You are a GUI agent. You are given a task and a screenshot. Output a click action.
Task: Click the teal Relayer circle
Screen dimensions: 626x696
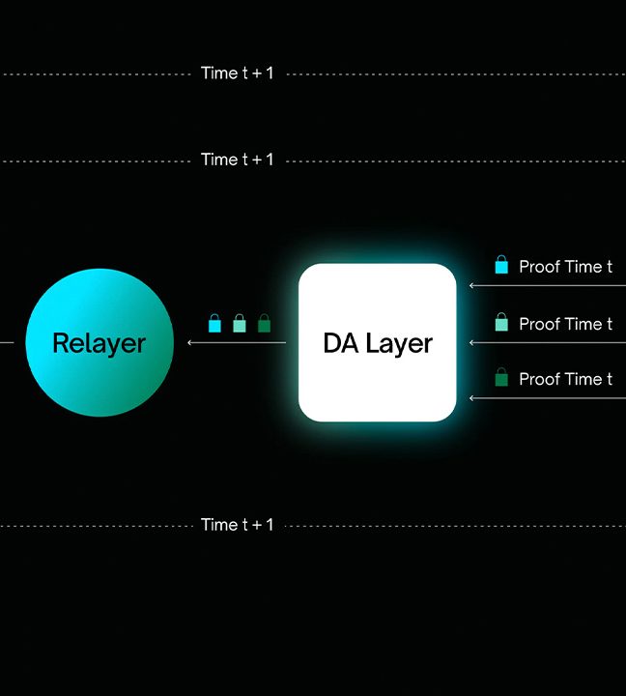[100, 342]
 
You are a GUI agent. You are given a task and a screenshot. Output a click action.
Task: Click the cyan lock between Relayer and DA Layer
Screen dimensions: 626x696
[214, 323]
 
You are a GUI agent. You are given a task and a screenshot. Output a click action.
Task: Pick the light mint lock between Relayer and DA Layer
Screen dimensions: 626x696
[240, 323]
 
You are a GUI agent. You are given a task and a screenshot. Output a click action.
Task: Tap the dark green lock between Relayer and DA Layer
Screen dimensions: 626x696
[264, 323]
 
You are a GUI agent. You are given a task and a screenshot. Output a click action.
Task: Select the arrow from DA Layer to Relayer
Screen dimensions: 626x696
[237, 342]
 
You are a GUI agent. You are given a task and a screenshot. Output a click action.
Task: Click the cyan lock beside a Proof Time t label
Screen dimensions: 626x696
[501, 264]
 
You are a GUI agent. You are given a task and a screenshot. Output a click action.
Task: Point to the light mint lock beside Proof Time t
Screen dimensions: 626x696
[501, 321]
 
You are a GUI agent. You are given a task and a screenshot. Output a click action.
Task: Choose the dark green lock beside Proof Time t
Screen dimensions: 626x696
[501, 377]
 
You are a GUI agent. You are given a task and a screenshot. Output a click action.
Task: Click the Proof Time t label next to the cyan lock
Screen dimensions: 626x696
[566, 267]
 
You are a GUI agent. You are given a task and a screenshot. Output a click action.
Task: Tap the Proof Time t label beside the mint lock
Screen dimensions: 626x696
[566, 324]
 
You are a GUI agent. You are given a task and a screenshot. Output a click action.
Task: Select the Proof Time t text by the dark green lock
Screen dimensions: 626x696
[566, 379]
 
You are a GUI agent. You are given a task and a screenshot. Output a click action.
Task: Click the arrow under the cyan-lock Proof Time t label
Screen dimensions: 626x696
[548, 286]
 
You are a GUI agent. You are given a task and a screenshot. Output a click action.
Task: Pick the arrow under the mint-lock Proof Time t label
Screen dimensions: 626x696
[548, 342]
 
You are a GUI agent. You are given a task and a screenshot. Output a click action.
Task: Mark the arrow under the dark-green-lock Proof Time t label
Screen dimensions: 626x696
[548, 398]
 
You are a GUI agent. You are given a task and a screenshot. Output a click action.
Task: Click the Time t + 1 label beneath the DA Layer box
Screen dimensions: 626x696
[237, 525]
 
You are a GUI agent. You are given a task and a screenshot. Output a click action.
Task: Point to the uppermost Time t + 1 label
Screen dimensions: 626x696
[237, 72]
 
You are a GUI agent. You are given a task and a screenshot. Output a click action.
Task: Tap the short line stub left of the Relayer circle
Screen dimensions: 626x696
[7, 342]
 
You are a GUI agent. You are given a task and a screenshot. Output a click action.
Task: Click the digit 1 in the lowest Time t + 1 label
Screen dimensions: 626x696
[270, 525]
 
